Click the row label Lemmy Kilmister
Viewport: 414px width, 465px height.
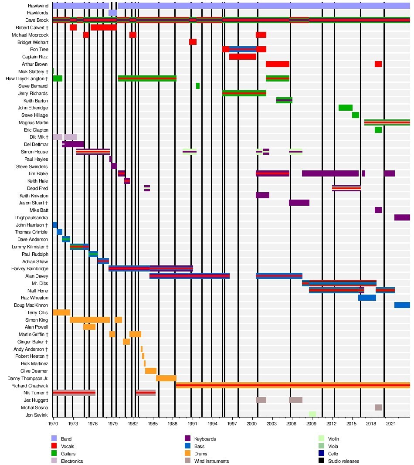[33, 247]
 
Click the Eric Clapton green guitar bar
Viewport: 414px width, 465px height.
[378, 130]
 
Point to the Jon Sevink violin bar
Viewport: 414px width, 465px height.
[312, 414]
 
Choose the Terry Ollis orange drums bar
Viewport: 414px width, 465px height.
[61, 312]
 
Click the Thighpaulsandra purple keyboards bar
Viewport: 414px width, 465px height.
[402, 217]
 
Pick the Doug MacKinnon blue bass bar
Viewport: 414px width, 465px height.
[402, 305]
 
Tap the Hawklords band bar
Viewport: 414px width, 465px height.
[112, 13]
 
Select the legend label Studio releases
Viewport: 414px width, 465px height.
[344, 461]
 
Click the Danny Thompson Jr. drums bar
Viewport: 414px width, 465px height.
[166, 378]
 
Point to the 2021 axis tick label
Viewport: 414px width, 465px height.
[391, 423]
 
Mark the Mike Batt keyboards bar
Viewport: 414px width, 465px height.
[378, 210]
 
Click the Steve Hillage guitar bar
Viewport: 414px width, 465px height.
[356, 115]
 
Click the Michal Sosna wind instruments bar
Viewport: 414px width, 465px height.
[378, 407]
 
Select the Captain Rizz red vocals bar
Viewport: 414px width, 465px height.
[243, 57]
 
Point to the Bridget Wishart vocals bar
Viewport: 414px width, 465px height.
[193, 42]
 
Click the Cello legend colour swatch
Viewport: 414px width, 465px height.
[321, 454]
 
